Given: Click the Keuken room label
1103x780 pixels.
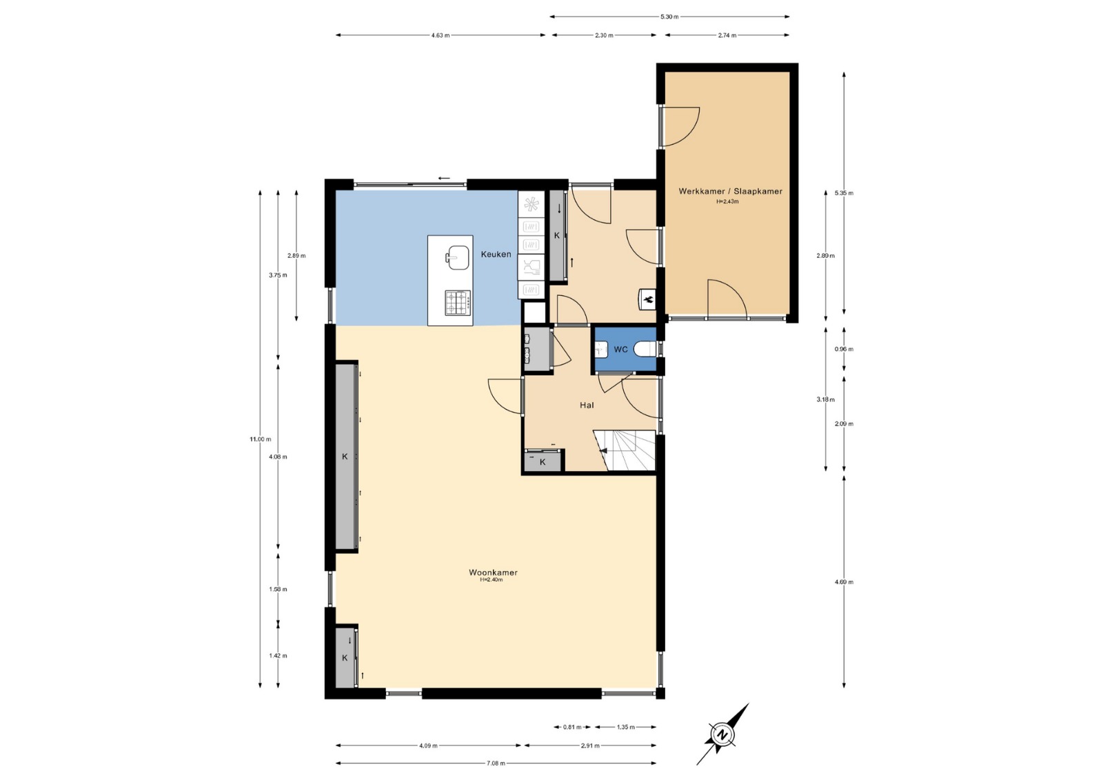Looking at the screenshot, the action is (x=496, y=254).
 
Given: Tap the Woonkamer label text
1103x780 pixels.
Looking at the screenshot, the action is (x=493, y=572).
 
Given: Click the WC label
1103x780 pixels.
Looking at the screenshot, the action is (x=620, y=350).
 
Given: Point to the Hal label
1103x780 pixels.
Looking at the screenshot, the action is (x=587, y=405).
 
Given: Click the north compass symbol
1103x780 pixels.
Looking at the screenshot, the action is (x=722, y=735).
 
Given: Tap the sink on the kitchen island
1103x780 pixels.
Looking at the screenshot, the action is (x=458, y=257).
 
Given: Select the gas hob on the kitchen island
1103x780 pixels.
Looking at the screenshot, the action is (x=458, y=303).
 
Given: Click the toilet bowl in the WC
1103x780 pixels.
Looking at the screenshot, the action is (x=645, y=350).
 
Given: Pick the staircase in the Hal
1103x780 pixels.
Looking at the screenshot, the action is (x=625, y=450).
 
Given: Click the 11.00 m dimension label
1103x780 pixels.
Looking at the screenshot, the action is (x=261, y=439).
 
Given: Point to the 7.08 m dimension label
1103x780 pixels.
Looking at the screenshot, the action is (x=496, y=763).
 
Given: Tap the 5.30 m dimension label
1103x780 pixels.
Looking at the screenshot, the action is (x=669, y=17).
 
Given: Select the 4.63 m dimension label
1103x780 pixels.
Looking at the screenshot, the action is (x=441, y=35).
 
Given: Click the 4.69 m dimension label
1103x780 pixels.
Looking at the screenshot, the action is (x=844, y=582).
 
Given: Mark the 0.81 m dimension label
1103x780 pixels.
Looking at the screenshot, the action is (x=572, y=727).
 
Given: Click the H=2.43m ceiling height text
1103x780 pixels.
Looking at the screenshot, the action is (x=727, y=201).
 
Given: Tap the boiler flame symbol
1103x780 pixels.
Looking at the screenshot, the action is (x=648, y=298).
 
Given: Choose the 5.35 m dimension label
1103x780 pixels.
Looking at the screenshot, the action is (x=844, y=192).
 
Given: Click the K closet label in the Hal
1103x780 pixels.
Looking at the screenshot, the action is (x=543, y=462).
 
